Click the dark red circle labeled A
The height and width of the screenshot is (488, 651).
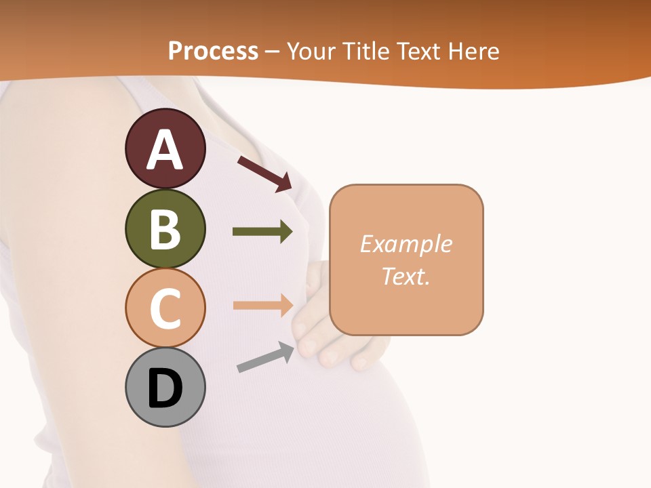[165, 148]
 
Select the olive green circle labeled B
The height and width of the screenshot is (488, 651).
[165, 228]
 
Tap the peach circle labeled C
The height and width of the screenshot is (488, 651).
[165, 308]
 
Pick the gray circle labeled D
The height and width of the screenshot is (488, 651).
[165, 387]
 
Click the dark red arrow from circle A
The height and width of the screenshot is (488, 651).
[264, 174]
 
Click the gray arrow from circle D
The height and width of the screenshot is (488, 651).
[265, 357]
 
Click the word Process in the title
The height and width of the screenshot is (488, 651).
[213, 51]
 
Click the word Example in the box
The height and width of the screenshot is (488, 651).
[406, 243]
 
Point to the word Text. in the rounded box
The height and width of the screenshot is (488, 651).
[406, 276]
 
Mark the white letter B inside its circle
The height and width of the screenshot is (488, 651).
[165, 228]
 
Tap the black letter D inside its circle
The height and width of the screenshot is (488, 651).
[165, 388]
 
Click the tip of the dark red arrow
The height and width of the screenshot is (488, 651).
[290, 188]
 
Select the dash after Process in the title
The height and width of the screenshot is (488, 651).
[272, 52]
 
